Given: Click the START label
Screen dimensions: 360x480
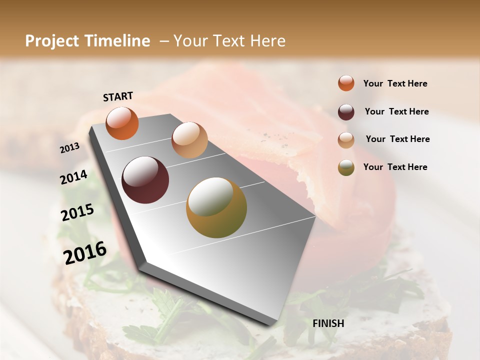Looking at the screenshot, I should [118, 96].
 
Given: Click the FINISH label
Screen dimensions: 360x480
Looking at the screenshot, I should [328, 323].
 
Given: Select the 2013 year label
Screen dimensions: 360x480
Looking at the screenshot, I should [69, 148].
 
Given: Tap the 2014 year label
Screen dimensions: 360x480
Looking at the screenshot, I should [73, 177].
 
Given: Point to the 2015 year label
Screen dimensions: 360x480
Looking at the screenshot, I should [77, 213].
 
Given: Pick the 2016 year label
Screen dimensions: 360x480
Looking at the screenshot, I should [85, 252].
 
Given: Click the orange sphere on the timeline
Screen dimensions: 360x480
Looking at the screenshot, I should [122, 123].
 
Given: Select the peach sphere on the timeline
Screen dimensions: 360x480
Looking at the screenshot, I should [189, 140].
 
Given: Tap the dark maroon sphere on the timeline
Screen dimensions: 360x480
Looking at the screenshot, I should [145, 180].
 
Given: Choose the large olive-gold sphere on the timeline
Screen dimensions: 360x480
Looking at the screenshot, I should [216, 207].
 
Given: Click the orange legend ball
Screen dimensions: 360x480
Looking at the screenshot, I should [346, 83].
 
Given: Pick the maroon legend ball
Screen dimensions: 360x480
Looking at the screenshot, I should [346, 112].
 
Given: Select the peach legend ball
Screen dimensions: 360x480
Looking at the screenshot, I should [346, 140].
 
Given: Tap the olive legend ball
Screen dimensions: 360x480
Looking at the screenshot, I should [346, 167].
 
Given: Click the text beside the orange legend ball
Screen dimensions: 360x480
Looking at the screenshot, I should [395, 83].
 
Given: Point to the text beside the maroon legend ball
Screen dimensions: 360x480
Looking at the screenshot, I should [396, 111].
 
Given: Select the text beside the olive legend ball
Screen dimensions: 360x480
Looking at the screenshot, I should [395, 167].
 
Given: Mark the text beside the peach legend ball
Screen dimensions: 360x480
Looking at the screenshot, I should [397, 139].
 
